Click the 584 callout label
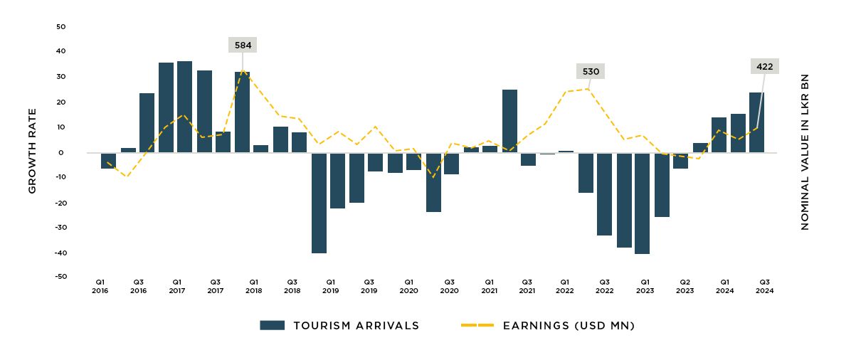coord(243,45)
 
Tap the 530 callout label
coord(591,71)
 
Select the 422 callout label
coord(764,66)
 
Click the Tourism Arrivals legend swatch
coord(272,325)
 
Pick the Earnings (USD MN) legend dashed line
coord(477,325)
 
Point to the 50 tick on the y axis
coord(60,27)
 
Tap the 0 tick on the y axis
coord(62,152)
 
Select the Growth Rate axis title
coord(32,152)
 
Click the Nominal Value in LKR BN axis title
coord(805,152)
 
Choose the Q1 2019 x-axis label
coord(330,285)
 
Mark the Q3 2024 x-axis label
coord(765,285)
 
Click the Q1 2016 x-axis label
coord(100,285)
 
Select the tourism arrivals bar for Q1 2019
coord(319,203)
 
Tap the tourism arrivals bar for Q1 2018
coord(242,112)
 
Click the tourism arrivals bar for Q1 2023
coord(642,203)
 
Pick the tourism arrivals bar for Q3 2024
coord(756,122)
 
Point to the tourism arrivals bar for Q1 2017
coord(166,107)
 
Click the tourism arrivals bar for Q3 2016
coord(147,122)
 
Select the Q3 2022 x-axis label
coord(604,285)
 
